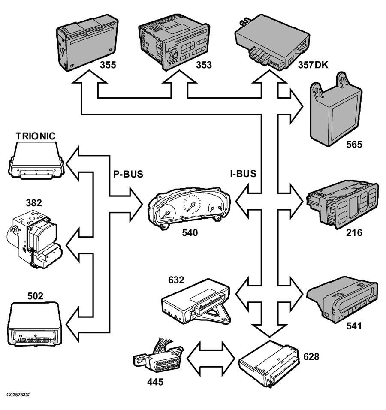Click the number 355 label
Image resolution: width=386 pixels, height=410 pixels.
108,65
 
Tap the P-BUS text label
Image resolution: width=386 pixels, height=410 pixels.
128,174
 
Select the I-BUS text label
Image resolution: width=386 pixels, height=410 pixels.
243,174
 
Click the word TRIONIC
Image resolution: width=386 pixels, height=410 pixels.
36,136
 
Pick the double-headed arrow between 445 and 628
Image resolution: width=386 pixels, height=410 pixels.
211,359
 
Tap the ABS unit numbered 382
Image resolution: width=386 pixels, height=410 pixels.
34,239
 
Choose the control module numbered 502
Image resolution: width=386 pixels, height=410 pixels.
35,324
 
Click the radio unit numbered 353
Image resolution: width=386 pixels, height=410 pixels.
174,42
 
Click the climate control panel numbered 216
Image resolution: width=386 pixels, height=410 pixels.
343,205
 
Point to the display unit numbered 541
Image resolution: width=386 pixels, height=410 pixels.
343,299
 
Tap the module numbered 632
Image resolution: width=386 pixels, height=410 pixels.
196,301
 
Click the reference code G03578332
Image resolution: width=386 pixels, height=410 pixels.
18,395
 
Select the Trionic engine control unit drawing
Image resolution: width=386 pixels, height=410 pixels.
36,160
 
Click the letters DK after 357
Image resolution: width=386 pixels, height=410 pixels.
321,65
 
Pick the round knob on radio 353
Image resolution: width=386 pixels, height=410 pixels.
173,55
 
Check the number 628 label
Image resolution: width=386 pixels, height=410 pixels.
311,357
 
